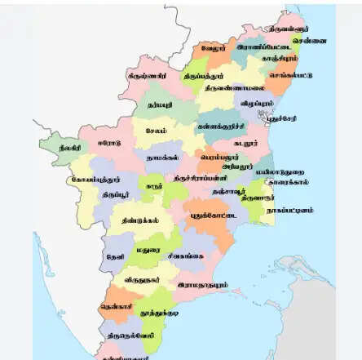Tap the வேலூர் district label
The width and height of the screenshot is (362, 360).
coord(214,48)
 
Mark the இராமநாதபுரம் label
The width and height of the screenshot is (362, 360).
coord(201,285)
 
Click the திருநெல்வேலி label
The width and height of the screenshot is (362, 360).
coord(127,335)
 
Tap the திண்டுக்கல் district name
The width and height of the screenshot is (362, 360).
coord(129,220)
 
